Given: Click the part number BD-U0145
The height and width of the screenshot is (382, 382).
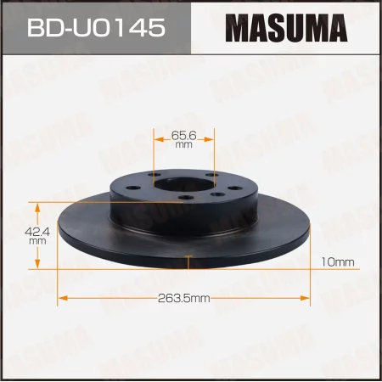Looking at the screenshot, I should click(x=96, y=30).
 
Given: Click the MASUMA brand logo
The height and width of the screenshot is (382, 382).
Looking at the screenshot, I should click(x=285, y=30).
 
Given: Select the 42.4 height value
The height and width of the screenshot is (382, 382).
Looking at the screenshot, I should click(x=37, y=229).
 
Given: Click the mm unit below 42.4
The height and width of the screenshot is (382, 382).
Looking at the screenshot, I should click(x=37, y=240).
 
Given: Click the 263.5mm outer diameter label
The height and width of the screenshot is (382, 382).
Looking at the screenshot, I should click(x=185, y=298).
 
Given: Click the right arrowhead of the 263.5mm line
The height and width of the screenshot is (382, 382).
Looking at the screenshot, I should click(x=307, y=297).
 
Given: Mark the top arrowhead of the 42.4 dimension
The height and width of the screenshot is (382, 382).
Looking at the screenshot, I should click(x=37, y=205).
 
